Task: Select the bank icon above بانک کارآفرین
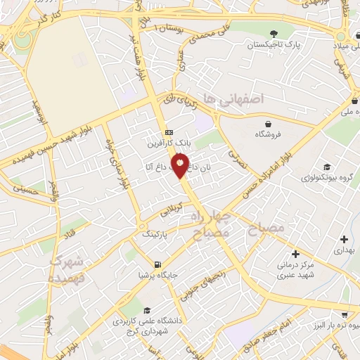click(168, 132)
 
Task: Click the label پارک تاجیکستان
click(274, 44)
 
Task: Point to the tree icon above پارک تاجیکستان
click(274, 34)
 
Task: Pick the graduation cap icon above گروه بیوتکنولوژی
click(327, 167)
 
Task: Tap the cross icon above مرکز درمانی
click(295, 253)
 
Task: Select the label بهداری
click(342, 250)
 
